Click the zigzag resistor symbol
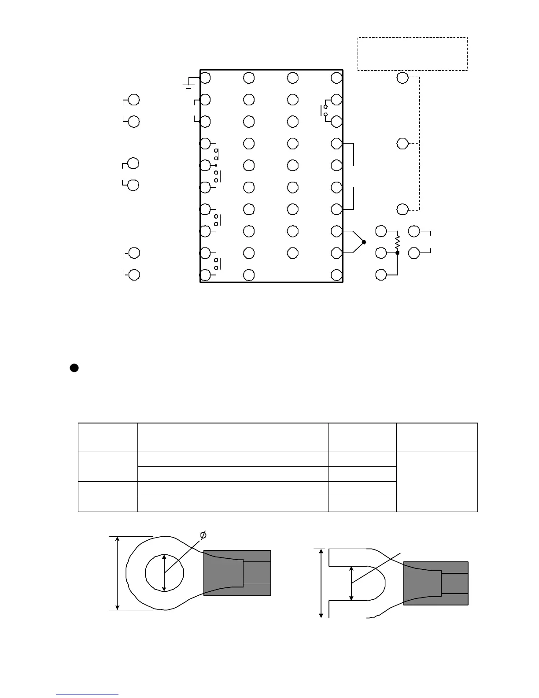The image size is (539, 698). (397, 241)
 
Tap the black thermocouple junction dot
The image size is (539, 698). (364, 242)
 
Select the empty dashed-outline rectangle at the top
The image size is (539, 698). (412, 54)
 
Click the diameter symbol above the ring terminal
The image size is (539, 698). (203, 535)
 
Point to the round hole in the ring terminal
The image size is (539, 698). (164, 572)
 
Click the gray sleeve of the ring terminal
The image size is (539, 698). (237, 573)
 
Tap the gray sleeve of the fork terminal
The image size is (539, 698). (436, 583)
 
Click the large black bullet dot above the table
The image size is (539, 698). (74, 368)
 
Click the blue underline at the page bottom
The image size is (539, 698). (87, 694)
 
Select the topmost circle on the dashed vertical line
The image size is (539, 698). (402, 78)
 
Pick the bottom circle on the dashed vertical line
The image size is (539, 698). (402, 209)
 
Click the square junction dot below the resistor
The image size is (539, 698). (397, 253)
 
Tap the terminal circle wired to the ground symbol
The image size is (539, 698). (205, 78)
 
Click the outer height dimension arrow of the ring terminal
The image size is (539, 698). (118, 573)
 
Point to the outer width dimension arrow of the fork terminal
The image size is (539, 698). (321, 583)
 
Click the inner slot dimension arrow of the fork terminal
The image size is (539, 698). (351, 583)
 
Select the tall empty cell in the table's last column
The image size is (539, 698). (437, 481)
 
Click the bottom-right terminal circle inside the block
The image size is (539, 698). (337, 275)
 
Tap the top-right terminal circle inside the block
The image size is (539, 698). (337, 78)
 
